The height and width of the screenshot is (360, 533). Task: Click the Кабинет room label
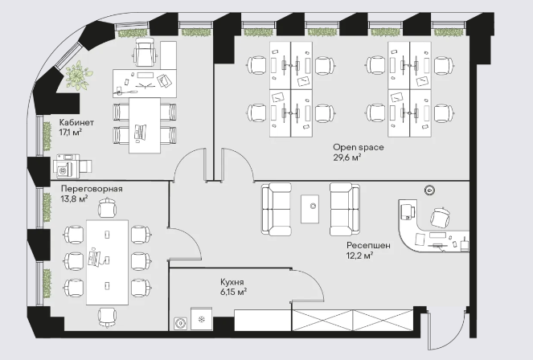[76, 122]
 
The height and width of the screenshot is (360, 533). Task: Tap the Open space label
[359, 147]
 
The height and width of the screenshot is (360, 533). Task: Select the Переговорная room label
[92, 189]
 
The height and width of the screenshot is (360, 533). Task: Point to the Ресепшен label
[368, 246]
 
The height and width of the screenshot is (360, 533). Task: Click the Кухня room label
[232, 282]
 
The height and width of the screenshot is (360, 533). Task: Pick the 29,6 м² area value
[346, 157]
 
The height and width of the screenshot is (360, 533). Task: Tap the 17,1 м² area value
[71, 132]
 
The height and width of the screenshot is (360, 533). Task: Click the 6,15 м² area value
[233, 292]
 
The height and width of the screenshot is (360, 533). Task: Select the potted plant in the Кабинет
[79, 76]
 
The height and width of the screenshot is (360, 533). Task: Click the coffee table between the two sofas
[310, 209]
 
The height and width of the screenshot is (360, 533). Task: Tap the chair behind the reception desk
[441, 217]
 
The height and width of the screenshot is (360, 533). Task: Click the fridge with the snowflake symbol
[201, 319]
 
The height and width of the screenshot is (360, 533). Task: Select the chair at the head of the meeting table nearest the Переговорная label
[107, 207]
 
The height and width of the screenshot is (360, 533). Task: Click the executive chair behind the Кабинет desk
[146, 52]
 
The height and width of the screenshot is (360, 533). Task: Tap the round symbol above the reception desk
[429, 190]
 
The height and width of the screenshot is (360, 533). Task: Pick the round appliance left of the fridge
[180, 324]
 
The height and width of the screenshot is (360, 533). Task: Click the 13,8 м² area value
[75, 198]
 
